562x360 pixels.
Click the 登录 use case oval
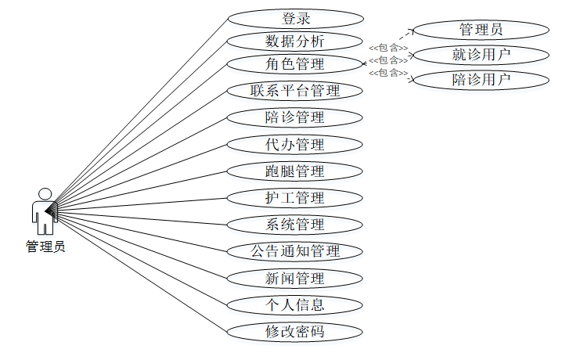tap(295, 18)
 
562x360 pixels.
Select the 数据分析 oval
tap(295, 41)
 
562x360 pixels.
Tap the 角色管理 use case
tap(295, 63)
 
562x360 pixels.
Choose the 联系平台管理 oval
tap(295, 90)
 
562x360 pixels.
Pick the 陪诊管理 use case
tap(295, 117)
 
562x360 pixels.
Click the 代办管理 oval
tap(295, 144)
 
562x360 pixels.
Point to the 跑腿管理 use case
tap(295, 171)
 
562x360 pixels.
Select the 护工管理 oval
tap(295, 197)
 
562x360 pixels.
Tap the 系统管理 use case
tap(295, 225)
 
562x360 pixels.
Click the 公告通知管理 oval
tap(295, 251)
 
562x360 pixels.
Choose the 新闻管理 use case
tap(295, 278)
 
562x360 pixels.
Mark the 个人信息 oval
tap(295, 304)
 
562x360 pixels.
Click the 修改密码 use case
tap(295, 331)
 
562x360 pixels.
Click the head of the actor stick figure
tap(45, 193)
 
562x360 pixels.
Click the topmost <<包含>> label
tap(388, 48)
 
